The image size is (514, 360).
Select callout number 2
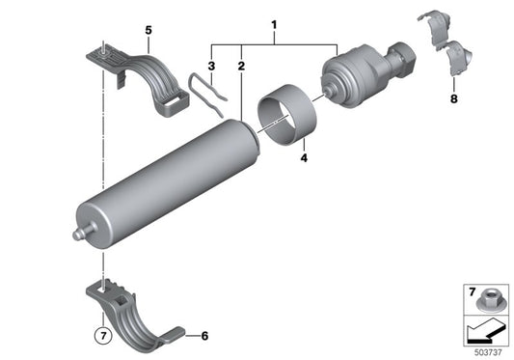pos(240,68)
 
